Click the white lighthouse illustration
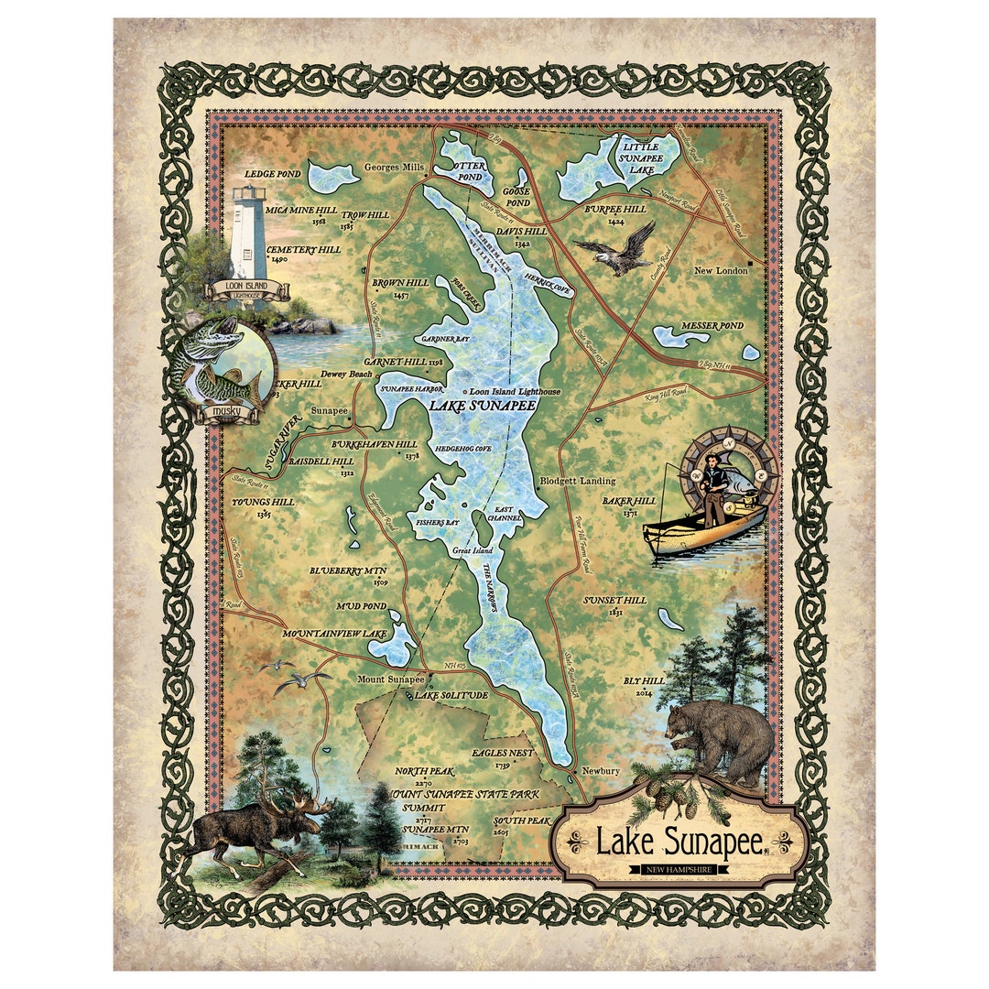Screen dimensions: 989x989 point(248,233)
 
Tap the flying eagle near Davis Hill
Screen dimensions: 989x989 point(614,249)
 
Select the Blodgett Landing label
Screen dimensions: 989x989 point(578,481)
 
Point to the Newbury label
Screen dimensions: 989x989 point(601,771)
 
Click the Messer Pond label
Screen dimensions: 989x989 point(712,326)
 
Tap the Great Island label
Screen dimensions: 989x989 point(473,550)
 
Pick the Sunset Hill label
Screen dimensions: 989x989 point(615,600)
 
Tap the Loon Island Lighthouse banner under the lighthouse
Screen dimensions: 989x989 point(249,288)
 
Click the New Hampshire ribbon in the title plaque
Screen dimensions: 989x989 point(679,867)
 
